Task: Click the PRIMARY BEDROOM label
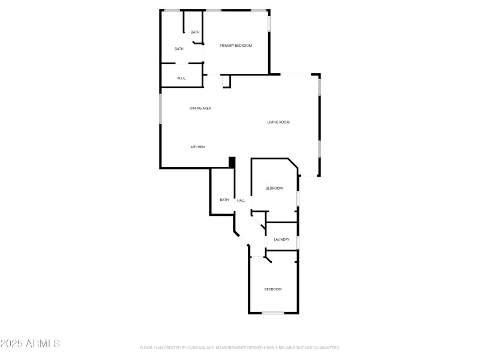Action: [x=235, y=46]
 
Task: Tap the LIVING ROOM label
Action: [x=278, y=122]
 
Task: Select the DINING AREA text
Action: [x=200, y=108]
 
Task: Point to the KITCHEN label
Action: [x=198, y=147]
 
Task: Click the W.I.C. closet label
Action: [x=181, y=79]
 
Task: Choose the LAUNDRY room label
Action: [x=281, y=240]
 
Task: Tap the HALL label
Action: [x=241, y=200]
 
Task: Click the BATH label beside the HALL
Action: [x=224, y=200]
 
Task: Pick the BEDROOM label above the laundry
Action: [x=274, y=188]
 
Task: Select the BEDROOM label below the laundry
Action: [x=273, y=289]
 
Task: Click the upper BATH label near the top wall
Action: [x=195, y=32]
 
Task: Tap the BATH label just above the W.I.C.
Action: [x=179, y=49]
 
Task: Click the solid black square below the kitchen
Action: [x=232, y=162]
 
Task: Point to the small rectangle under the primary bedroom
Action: [x=226, y=82]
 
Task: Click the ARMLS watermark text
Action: [x=30, y=344]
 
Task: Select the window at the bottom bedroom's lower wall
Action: [x=273, y=313]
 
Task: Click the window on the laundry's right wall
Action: [x=298, y=242]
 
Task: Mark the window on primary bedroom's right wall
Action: [x=269, y=23]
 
